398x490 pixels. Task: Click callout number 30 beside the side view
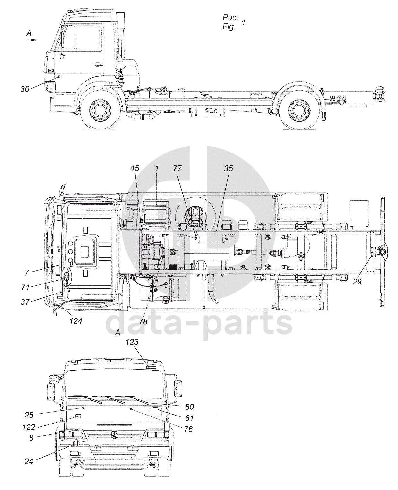25,89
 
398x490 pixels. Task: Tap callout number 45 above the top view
135,168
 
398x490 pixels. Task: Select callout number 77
177,168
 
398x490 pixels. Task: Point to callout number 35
229,168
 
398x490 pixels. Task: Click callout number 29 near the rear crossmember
357,281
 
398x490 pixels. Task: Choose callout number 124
76,321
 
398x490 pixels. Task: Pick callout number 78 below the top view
143,321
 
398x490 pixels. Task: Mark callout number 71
25,287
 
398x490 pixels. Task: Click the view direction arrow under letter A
31,40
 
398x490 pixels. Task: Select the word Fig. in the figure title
229,27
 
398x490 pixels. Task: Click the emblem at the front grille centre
114,434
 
